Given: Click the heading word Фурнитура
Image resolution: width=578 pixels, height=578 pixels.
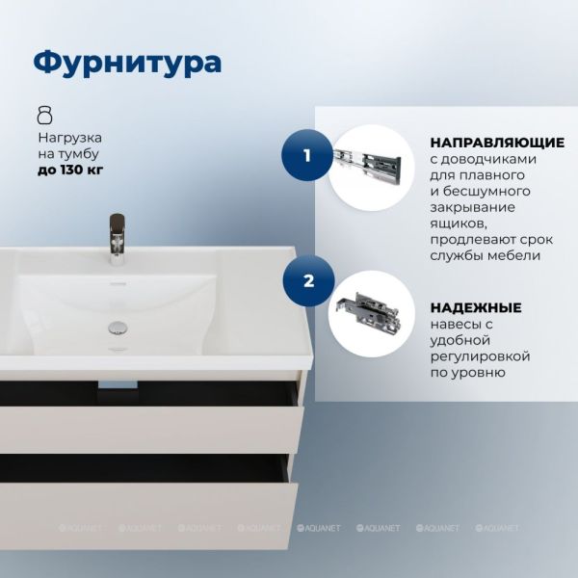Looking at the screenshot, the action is click(127, 63).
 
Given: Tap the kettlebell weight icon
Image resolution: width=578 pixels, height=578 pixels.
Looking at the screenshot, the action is click(45, 115).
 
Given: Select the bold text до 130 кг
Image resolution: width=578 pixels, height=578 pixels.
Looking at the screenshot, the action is click(70, 171).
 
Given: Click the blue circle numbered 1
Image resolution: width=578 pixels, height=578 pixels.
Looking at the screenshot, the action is click(307, 155).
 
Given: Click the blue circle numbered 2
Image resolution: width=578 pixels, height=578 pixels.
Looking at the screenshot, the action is click(308, 281).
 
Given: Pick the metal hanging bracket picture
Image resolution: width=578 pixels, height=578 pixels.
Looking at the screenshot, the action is click(369, 312).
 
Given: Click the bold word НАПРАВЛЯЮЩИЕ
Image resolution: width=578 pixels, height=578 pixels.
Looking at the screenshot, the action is click(497, 143).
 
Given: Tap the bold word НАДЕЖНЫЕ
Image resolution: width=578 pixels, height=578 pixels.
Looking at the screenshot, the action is click(476, 307).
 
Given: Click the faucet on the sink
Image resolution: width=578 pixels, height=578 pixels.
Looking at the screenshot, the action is click(118, 240).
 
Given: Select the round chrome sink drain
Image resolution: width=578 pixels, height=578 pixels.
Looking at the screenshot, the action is click(118, 328).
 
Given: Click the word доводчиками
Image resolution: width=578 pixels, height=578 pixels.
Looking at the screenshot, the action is click(488, 160).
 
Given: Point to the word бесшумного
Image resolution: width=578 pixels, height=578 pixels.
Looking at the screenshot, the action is click(486, 192).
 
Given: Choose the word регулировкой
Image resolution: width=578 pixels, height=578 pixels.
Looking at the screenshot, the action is click(481, 356).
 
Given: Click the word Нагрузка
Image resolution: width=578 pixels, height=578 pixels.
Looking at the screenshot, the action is click(70, 138).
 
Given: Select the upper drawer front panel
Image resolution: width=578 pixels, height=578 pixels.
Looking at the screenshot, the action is click(151, 430).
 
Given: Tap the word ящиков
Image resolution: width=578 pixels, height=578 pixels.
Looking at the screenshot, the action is click(459, 223).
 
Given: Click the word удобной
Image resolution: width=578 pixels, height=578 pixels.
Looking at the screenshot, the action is click(460, 340).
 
